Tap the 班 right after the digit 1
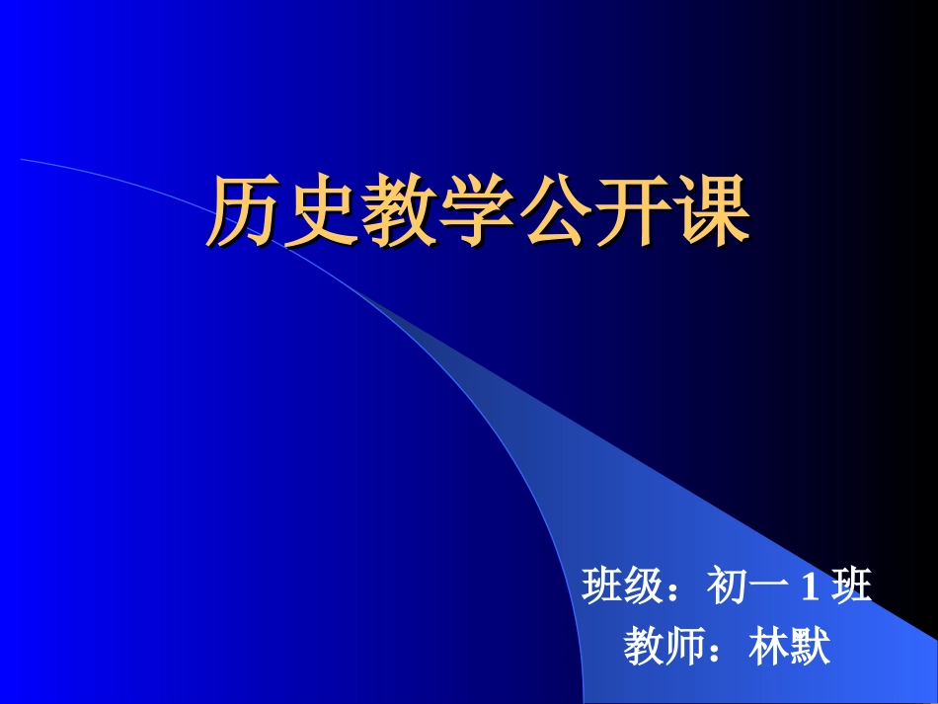pyautogui.click(x=852, y=587)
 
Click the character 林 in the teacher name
pyautogui.click(x=769, y=648)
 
